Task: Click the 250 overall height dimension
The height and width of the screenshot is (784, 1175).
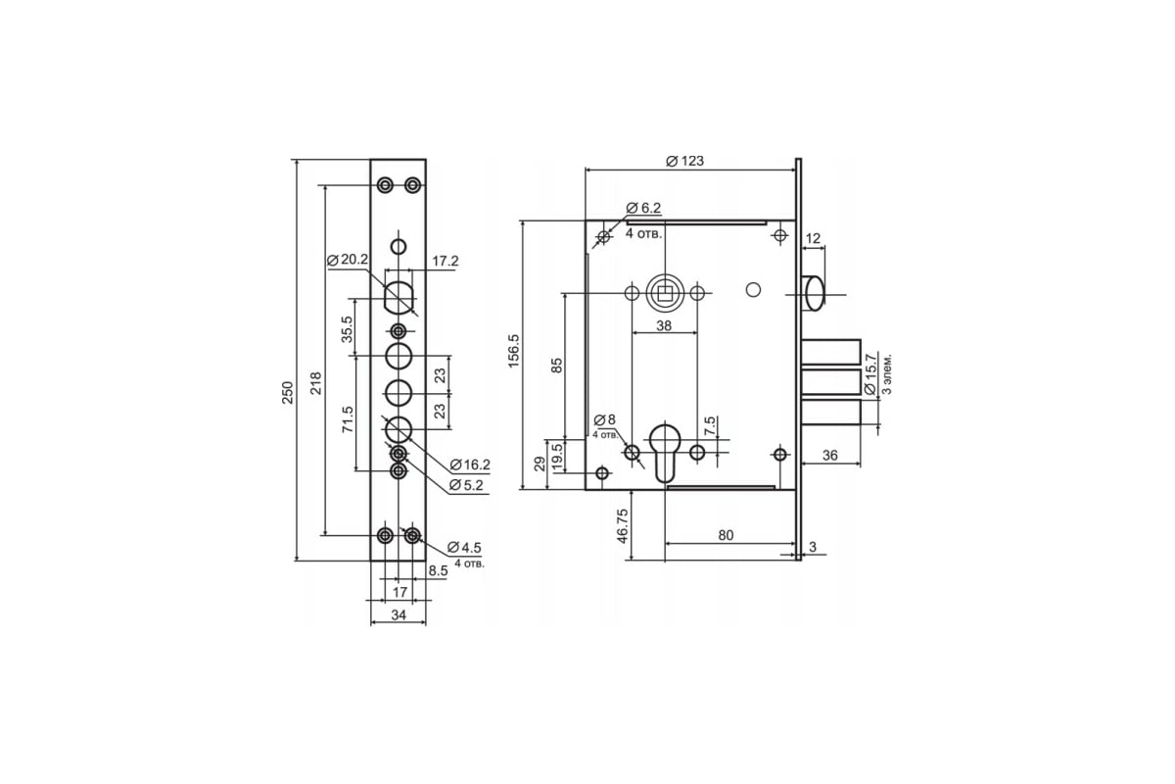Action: point(288,392)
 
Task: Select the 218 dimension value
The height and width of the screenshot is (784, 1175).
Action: point(315,384)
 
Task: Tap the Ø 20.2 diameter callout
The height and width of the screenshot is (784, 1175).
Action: point(348,260)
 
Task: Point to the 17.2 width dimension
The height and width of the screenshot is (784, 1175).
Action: point(445,261)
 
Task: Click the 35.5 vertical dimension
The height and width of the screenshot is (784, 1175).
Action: point(348,329)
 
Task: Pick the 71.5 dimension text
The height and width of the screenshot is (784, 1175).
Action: point(348,419)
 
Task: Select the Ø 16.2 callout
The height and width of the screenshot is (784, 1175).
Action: point(470,465)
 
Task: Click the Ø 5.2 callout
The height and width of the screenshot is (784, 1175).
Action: point(466,485)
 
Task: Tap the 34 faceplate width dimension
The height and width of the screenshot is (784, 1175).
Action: point(399,614)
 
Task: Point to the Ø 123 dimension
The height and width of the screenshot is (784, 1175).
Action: point(684,162)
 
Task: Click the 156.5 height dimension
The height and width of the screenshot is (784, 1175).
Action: point(513,351)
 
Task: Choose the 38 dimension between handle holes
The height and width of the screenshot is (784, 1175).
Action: point(664,326)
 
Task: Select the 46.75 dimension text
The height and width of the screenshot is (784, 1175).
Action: point(622,526)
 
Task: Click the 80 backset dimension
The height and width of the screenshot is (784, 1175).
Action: point(726,536)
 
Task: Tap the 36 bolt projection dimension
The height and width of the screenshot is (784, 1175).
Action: point(830,456)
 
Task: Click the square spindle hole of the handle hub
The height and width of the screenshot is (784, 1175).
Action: point(665,292)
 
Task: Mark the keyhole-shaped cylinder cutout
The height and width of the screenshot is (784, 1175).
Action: point(665,453)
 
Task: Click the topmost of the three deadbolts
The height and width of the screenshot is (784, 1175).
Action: point(831,352)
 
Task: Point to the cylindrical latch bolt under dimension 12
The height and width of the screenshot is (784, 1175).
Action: point(813,293)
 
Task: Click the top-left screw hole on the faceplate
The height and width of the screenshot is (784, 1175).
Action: point(386,185)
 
